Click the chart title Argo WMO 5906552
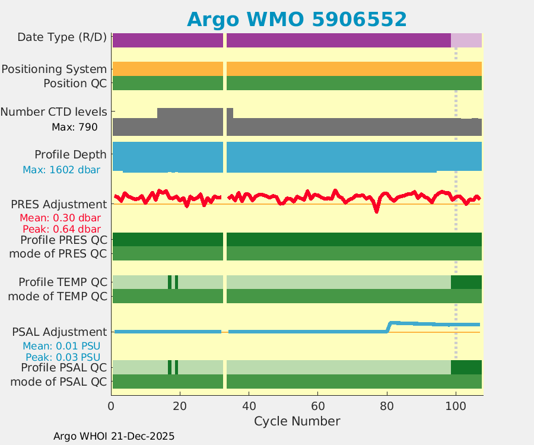(x=297, y=19)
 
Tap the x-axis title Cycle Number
(x=297, y=421)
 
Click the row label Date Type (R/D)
(x=62, y=37)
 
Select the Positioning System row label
(x=54, y=69)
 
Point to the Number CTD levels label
(x=54, y=112)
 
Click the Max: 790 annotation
(x=75, y=126)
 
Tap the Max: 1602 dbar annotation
(x=61, y=170)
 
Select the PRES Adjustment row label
(x=59, y=204)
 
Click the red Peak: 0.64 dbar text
(x=61, y=229)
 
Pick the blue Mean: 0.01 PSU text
(x=61, y=346)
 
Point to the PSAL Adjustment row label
(x=59, y=332)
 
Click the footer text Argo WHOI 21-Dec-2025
(x=114, y=436)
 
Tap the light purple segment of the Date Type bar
(x=466, y=40)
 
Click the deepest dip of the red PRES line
(x=376, y=211)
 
